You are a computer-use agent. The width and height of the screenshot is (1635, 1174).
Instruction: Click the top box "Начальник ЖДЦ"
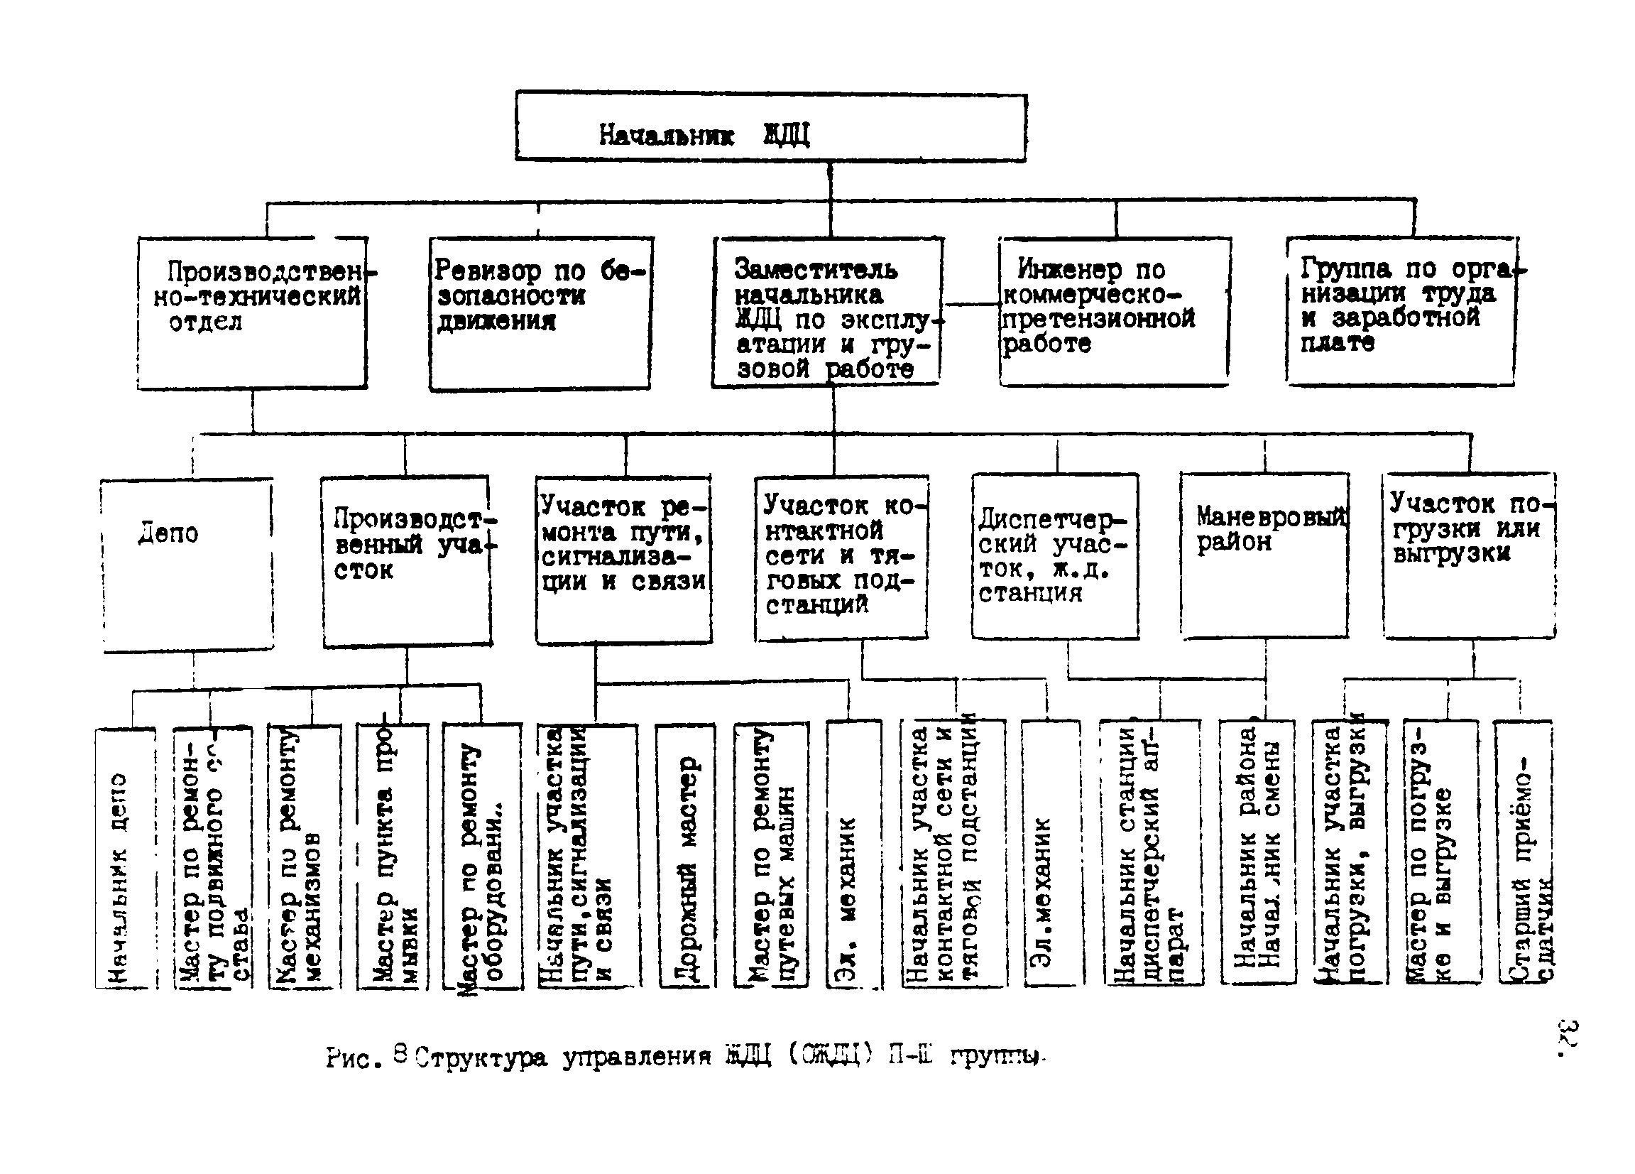770,127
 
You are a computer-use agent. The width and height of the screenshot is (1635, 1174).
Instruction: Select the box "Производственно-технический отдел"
252,314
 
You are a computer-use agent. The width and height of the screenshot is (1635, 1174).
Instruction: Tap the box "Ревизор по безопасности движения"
541,314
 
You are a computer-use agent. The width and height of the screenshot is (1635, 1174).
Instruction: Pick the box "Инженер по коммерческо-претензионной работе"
1114,312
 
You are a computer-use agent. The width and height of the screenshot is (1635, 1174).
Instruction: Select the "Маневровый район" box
1264,555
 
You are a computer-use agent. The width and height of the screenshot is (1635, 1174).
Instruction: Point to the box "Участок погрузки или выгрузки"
1469,555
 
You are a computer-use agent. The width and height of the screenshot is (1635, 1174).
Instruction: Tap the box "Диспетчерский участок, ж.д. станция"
1055,556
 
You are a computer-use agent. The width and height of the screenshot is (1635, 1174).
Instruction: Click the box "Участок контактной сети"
841,558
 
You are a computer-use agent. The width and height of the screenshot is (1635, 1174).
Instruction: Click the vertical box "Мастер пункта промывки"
392,856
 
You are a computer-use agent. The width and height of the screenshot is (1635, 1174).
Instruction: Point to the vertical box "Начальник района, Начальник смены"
1257,852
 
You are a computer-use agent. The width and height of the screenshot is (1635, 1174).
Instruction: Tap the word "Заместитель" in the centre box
816,270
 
